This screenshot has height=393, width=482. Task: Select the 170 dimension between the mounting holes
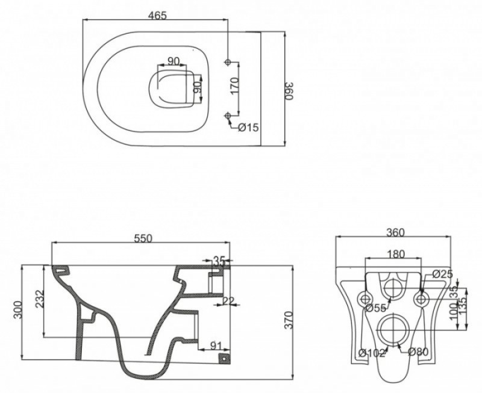click(x=235, y=85)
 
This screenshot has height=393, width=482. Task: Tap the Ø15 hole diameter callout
click(x=248, y=128)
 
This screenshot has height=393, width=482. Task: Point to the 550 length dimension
click(x=142, y=238)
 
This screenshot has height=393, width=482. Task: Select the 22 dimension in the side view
click(x=228, y=301)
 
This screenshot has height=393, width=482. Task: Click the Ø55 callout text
click(x=377, y=308)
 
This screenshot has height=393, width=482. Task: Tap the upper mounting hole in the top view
click(x=228, y=61)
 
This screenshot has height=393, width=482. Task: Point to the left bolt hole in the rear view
click(x=365, y=297)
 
